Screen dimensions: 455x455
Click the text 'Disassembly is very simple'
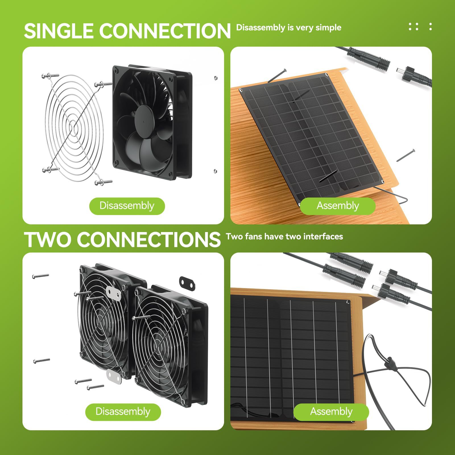coord(289,28)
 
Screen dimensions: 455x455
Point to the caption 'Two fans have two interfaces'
coord(284,236)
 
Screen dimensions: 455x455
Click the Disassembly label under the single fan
coord(127,206)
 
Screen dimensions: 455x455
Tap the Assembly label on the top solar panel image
coord(338,206)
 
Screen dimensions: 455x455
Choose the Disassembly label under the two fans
coord(123,411)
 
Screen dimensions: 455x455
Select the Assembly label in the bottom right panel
coord(331,411)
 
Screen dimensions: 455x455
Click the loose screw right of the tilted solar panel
coord(406,155)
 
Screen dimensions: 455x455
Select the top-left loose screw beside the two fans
coord(41,276)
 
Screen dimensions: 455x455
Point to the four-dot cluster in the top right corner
coord(413,26)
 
